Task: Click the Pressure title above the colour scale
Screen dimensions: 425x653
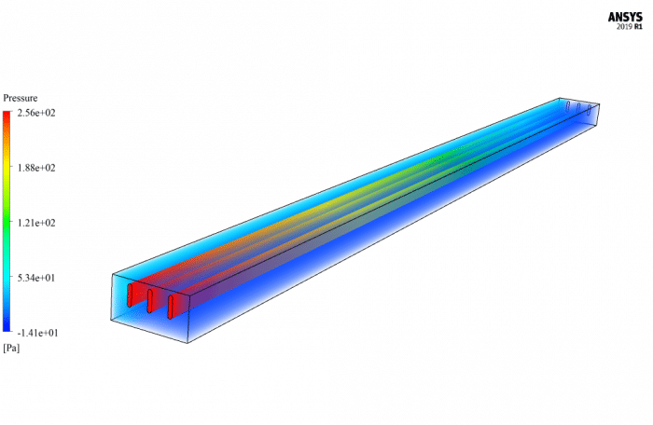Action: point(21,98)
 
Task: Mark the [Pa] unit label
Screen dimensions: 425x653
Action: point(11,348)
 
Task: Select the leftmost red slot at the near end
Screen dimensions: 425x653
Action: point(130,295)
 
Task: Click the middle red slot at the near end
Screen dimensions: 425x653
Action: point(150,301)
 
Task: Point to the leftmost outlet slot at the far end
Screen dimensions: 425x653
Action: point(567,106)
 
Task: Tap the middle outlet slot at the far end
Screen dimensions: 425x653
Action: point(578,108)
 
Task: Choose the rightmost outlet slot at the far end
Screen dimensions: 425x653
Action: point(590,110)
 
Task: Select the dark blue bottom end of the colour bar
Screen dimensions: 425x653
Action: point(7,328)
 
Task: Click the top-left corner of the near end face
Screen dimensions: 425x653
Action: point(113,274)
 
